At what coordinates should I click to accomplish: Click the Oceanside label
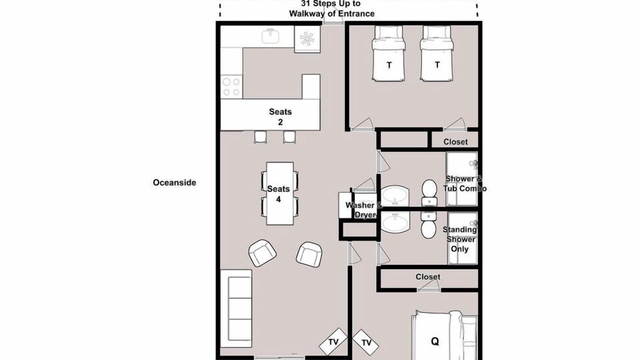[174, 182]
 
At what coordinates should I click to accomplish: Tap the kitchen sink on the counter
[270, 36]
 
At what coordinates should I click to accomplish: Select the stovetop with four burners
[231, 87]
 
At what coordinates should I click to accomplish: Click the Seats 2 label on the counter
[280, 117]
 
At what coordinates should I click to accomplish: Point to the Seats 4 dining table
[279, 193]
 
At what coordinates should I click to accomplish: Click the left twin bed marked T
[388, 53]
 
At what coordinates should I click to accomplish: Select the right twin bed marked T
[437, 53]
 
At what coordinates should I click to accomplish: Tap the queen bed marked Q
[444, 335]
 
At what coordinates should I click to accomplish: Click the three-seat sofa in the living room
[236, 308]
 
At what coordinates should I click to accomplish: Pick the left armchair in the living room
[262, 253]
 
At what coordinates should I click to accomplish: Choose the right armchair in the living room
[309, 254]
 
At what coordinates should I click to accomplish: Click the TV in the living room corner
[333, 341]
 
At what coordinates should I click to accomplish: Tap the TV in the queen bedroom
[366, 342]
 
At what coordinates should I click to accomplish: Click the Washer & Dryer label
[363, 209]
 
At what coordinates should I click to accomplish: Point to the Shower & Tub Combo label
[465, 183]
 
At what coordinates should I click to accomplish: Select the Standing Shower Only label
[460, 239]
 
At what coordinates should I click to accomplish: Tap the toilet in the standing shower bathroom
[428, 225]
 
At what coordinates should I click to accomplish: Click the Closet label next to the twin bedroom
[455, 141]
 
